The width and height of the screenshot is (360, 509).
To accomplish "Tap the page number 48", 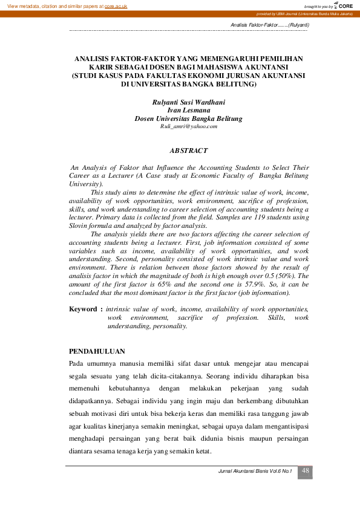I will point(306,471).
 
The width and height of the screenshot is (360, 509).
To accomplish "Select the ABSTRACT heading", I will point(188,151).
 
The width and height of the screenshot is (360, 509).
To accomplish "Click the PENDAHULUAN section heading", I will point(97,351).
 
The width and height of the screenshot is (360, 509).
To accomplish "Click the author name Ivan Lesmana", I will point(188,111).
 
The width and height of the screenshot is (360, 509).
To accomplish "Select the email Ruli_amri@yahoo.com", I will point(188,126).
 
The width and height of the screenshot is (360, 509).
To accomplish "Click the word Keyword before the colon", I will point(82,309).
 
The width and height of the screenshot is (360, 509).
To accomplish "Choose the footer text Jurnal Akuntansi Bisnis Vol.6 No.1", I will point(255,471).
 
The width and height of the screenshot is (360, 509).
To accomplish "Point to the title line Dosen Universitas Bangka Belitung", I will point(188,119).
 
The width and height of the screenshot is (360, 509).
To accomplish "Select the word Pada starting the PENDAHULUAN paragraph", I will point(76,363).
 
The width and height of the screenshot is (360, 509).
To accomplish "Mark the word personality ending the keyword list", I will point(172,326).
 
